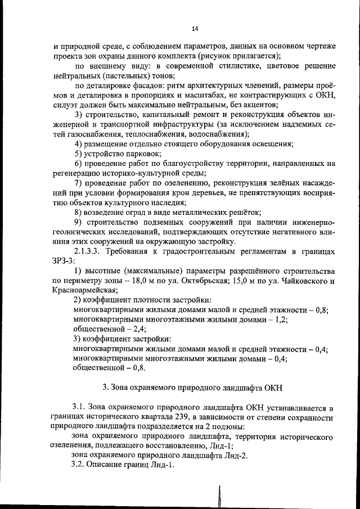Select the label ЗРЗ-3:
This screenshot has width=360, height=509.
pos(63,260)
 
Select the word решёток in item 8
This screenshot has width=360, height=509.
pos(245,211)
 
